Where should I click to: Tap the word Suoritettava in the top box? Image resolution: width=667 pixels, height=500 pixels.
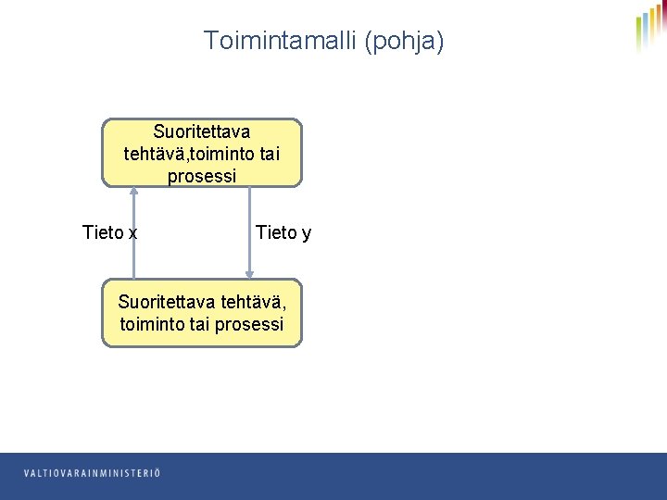click(202, 131)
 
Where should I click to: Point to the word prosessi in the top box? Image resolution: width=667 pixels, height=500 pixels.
click(202, 175)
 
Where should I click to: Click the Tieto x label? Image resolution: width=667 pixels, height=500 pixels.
click(109, 232)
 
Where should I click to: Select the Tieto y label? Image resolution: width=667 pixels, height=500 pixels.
click(283, 232)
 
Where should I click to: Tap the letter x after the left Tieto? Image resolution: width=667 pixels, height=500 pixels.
click(133, 232)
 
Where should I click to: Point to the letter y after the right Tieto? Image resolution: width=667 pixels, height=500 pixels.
click(307, 233)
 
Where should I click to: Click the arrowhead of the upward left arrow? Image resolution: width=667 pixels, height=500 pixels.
click(134, 191)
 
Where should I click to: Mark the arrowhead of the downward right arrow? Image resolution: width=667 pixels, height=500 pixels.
click(249, 273)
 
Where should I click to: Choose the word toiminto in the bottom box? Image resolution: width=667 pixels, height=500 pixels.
click(152, 325)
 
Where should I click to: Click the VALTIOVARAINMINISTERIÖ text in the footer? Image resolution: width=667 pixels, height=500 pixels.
click(92, 473)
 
